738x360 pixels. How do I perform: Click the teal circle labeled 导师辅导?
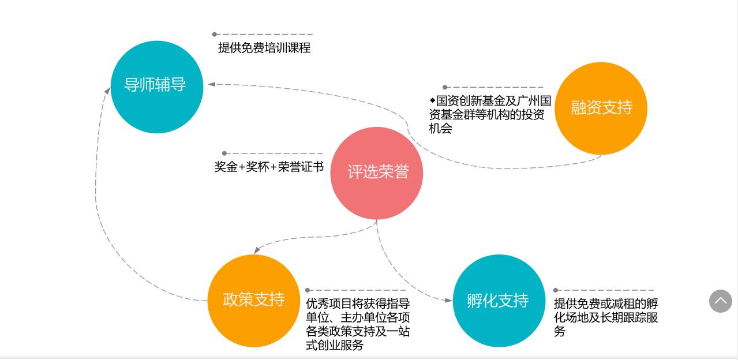click(x=156, y=87)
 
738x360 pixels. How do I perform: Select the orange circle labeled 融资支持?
click(x=601, y=108)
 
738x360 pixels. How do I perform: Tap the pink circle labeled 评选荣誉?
click(x=377, y=173)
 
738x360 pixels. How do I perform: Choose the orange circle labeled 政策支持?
click(x=253, y=301)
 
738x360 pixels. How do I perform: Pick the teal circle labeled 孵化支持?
click(x=499, y=301)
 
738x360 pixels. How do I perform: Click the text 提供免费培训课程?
click(x=264, y=48)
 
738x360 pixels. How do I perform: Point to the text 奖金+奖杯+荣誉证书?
click(x=269, y=167)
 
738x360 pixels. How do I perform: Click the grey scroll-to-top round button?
click(x=720, y=301)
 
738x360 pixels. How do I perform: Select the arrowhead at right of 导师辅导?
click(x=212, y=84)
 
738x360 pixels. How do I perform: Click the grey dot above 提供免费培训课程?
click(x=215, y=35)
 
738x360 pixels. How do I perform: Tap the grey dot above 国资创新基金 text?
click(x=445, y=88)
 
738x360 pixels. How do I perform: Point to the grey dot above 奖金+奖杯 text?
click(x=224, y=153)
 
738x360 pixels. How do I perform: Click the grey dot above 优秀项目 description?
click(x=308, y=290)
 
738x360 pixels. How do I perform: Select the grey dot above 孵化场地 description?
click(x=556, y=290)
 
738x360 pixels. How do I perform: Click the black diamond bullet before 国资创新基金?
click(x=432, y=100)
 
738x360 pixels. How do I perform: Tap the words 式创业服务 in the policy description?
click(x=335, y=346)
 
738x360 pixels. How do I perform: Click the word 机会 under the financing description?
click(x=440, y=129)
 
